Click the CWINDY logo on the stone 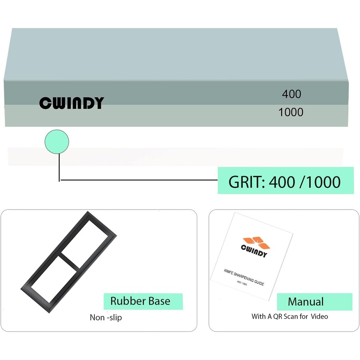tap(71, 103)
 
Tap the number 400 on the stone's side tap(292, 94)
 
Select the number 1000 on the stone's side tap(291, 112)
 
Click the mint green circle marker tap(57, 141)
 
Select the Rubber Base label tap(140, 301)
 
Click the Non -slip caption tap(106, 318)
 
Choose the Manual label tap(306, 302)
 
